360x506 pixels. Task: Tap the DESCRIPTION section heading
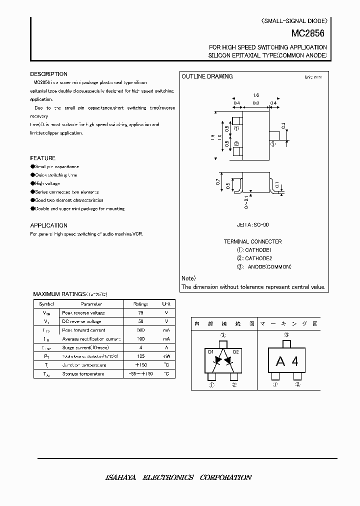tap(48, 74)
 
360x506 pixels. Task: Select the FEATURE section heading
tap(42, 158)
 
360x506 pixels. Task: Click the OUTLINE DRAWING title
tap(207, 76)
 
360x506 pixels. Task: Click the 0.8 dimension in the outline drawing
tap(255, 103)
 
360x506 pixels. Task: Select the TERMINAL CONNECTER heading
tap(252, 241)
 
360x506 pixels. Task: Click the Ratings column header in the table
tap(140, 304)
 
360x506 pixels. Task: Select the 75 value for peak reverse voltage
tap(140, 312)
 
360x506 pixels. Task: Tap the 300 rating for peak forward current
tap(140, 330)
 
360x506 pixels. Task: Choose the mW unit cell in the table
tap(166, 356)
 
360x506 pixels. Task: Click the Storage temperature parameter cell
tap(83, 373)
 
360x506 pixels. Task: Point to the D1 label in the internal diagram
tap(210, 352)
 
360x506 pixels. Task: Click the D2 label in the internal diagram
tap(236, 352)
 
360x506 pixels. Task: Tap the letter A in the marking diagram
tap(280, 361)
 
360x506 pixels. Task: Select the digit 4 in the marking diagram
tap(295, 361)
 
